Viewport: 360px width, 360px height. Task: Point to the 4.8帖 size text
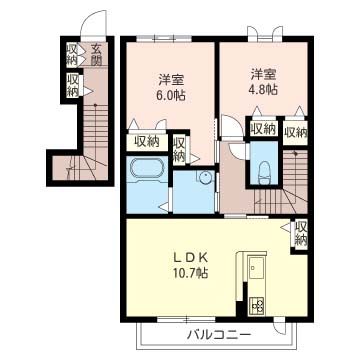(x=265, y=89)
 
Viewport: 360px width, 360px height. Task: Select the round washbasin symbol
(x=204, y=180)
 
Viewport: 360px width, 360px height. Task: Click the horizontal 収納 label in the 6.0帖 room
(x=147, y=142)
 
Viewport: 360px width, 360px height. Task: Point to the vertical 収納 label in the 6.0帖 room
(x=180, y=149)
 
